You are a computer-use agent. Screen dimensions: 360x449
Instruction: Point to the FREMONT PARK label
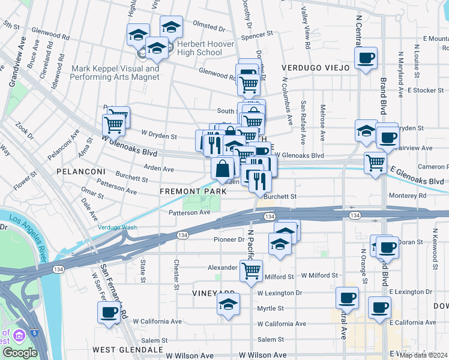click(x=193, y=191)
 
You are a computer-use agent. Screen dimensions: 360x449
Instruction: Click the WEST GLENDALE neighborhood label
click(x=128, y=349)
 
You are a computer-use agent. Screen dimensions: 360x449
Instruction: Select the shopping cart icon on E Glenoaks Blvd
click(x=375, y=161)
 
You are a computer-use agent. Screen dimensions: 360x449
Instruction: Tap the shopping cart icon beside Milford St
click(x=250, y=269)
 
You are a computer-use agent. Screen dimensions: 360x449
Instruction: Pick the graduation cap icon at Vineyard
click(x=228, y=304)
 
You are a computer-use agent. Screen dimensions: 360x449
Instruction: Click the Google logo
click(x=20, y=353)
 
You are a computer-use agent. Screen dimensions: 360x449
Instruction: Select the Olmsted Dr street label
click(x=208, y=28)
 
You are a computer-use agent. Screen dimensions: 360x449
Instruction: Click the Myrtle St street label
click(x=270, y=308)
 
